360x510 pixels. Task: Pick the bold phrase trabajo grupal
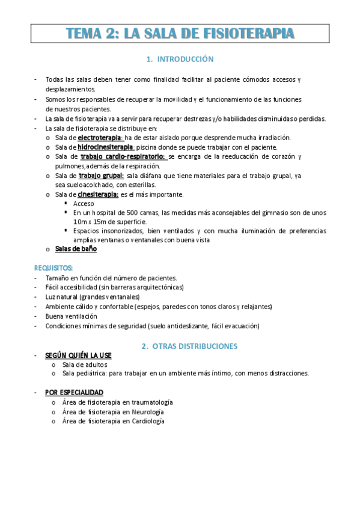[x=102, y=176]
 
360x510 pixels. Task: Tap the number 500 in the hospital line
[x=133, y=213]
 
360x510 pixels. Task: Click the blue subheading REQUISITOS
[x=53, y=267]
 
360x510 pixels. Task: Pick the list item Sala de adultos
[x=85, y=364]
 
